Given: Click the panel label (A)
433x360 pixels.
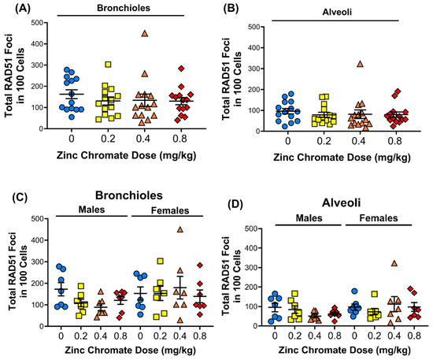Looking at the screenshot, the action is click(23, 9).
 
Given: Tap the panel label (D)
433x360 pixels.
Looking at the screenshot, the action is click(235, 205).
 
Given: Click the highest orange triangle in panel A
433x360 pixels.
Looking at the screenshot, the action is click(145, 34).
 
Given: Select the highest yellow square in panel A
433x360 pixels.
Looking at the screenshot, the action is click(108, 65).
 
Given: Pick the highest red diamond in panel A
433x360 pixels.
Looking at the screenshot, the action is click(181, 69).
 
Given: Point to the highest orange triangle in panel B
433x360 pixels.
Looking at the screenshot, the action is click(360, 64).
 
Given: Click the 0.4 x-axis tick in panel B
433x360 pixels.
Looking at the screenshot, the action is click(359, 141).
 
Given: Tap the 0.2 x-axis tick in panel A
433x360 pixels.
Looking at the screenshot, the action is click(108, 139).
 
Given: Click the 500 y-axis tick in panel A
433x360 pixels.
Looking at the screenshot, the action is click(37, 23).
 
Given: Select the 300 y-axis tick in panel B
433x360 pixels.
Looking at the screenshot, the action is click(254, 69).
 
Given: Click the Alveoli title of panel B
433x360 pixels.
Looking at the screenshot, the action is click(337, 12).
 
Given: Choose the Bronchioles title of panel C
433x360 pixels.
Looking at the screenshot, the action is click(129, 195).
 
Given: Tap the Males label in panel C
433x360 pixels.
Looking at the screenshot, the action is click(91, 210).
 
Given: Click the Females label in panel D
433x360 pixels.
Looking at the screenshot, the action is click(379, 218).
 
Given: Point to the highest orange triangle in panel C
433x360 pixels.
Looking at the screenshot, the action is click(179, 229).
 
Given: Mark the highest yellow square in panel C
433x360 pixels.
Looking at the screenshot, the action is click(160, 261).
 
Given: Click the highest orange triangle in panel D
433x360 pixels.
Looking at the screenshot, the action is click(394, 264).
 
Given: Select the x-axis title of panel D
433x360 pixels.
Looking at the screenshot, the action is click(344, 351).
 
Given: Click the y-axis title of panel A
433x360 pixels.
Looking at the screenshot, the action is click(15, 75).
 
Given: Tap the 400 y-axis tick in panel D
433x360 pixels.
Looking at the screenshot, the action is click(250, 248).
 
